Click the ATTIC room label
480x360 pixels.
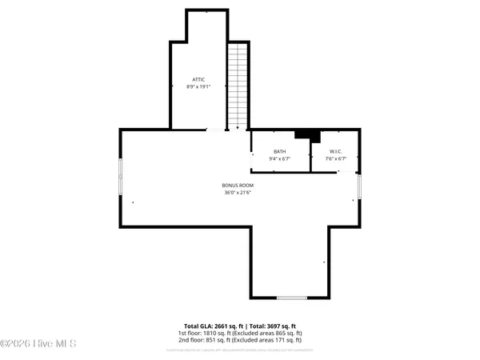coord(199,79)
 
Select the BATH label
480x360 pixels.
coord(279,151)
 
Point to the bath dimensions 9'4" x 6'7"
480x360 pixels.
coord(279,158)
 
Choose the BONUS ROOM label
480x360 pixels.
coord(238,186)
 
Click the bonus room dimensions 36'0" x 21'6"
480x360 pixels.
coord(238,193)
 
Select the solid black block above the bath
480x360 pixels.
coord(304,135)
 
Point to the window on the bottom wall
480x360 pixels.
coord(291,298)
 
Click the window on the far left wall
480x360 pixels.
coord(121,177)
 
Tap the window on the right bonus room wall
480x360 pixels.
coord(359,186)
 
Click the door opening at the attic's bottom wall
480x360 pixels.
coord(216,130)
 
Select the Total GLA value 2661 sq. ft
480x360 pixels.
coord(210,326)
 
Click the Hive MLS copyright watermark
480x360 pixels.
coord(38,344)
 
